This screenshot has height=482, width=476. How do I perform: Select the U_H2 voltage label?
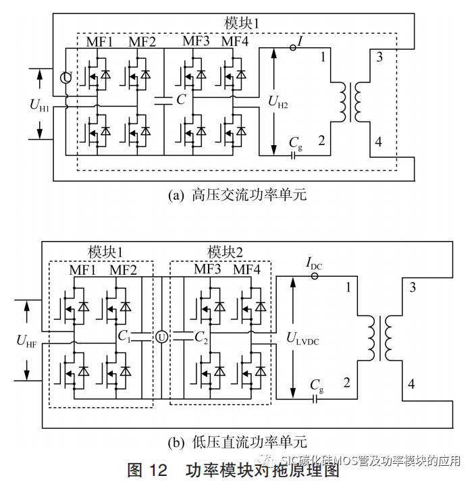click(x=277, y=102)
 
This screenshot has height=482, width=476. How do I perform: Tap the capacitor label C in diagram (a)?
click(x=180, y=100)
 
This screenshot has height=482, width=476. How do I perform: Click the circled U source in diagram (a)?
click(x=65, y=78)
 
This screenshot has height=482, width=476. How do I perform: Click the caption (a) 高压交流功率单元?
click(x=236, y=195)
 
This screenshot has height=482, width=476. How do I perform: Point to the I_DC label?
click(x=314, y=266)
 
